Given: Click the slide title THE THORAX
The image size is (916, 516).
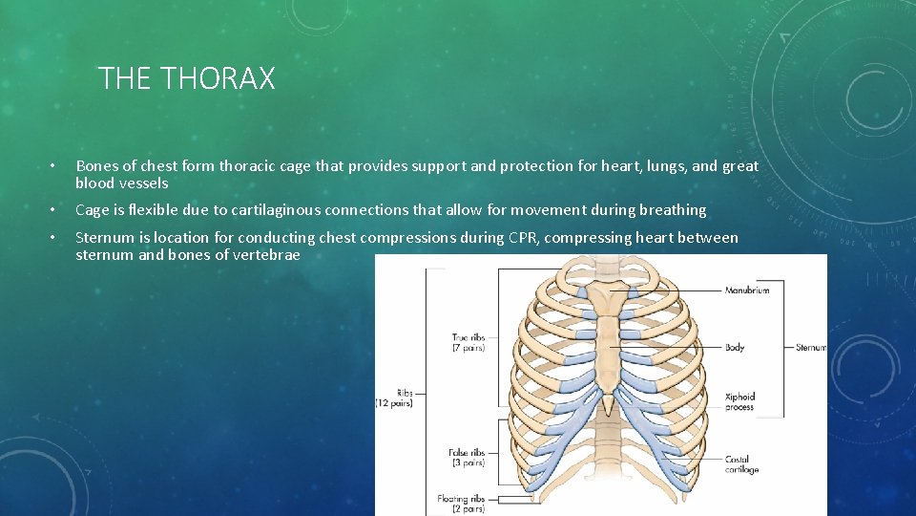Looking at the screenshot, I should click(186, 78).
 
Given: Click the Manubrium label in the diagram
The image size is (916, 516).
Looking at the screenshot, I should click(747, 290).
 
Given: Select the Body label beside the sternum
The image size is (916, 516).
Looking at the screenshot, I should click(735, 348).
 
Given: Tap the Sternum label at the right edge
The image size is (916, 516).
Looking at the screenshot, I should click(811, 348).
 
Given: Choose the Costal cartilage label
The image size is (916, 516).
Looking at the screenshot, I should click(741, 464).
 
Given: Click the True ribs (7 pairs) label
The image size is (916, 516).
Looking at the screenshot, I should click(468, 342).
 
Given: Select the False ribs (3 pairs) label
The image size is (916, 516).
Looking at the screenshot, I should click(467, 458).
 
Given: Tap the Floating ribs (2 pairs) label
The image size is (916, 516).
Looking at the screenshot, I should click(461, 504).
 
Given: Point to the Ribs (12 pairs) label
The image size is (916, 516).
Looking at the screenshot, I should click(392, 398).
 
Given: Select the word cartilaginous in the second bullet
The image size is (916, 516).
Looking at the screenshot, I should click(276, 210).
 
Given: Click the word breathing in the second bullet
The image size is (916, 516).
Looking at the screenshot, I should click(672, 210).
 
